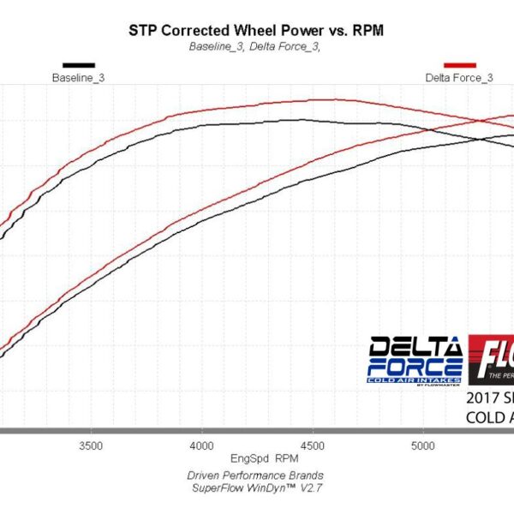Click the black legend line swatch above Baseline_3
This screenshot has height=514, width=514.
click(x=79, y=64)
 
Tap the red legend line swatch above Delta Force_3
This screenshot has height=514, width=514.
click(x=459, y=64)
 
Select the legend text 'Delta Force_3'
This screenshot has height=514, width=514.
click(x=459, y=77)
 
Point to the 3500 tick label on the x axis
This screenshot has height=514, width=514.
click(x=91, y=445)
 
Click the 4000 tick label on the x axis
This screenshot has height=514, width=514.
click(x=201, y=445)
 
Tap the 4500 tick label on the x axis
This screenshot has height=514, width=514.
click(x=312, y=445)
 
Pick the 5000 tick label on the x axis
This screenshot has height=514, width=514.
click(x=422, y=445)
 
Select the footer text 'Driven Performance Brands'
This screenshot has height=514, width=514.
click(x=255, y=475)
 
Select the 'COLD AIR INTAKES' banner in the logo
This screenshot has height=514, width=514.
click(x=415, y=379)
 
